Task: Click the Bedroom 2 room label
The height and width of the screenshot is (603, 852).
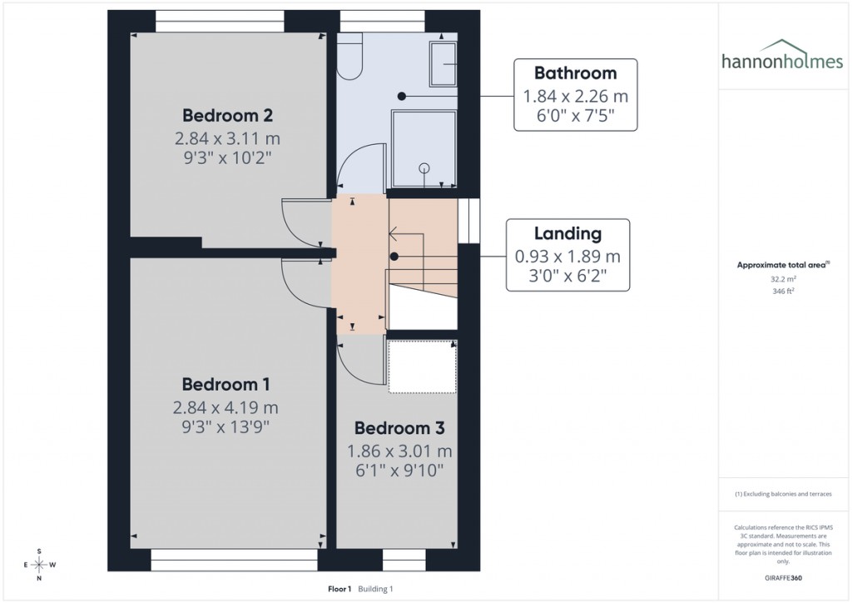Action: tap(228, 115)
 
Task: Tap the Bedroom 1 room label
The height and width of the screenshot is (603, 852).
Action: tap(225, 384)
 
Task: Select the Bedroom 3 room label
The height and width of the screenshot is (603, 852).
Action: tap(399, 428)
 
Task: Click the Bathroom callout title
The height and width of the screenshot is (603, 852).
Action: tap(575, 72)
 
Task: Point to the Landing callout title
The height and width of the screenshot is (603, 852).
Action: tap(567, 234)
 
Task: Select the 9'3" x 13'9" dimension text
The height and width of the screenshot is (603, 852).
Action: tap(225, 427)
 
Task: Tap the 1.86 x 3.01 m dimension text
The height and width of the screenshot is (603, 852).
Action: tap(399, 451)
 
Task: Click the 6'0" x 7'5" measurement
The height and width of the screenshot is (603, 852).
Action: tap(575, 116)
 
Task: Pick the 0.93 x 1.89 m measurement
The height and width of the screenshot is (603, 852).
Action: tap(567, 256)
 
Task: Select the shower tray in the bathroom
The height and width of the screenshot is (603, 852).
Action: tap(424, 149)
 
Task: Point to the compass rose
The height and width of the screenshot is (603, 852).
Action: tap(38, 565)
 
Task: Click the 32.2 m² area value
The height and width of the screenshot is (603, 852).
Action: tap(781, 280)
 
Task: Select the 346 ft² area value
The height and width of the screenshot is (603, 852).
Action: tap(781, 292)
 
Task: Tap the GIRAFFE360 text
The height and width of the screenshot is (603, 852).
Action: tap(781, 577)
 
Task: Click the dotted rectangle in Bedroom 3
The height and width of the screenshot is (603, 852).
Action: tap(423, 366)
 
